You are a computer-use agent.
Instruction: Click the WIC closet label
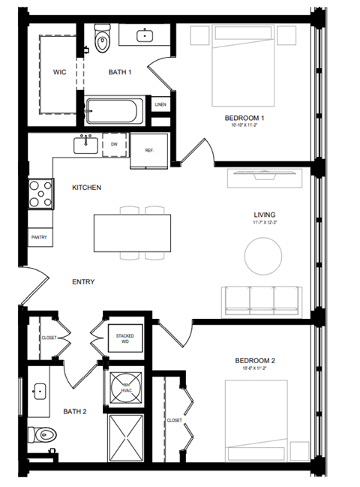[x=60, y=73]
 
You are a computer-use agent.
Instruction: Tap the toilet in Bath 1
[x=102, y=36]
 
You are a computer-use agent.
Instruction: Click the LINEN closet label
[x=160, y=104]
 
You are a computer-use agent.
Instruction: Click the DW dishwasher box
[x=114, y=144]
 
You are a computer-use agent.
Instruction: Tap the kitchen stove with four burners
[x=40, y=194]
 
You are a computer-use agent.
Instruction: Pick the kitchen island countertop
[x=131, y=234]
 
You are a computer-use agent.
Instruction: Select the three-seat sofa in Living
[x=262, y=299]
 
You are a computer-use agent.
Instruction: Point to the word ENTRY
[x=82, y=282]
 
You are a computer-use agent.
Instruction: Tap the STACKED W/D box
[x=123, y=339]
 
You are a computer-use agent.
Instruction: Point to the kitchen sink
[x=88, y=143]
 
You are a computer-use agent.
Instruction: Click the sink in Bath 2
[x=40, y=391]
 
